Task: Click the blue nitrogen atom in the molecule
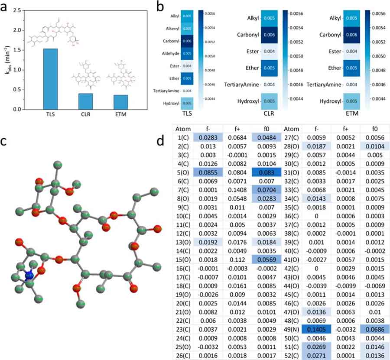[29, 275]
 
